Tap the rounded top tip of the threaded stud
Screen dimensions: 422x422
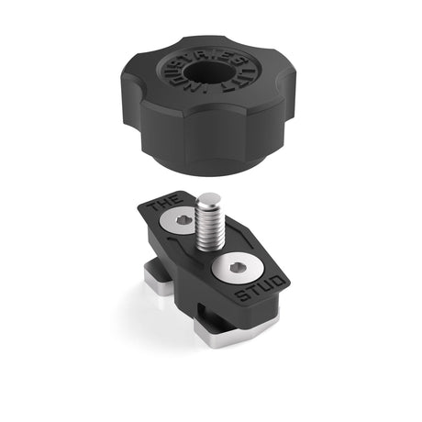pos(208,199)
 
